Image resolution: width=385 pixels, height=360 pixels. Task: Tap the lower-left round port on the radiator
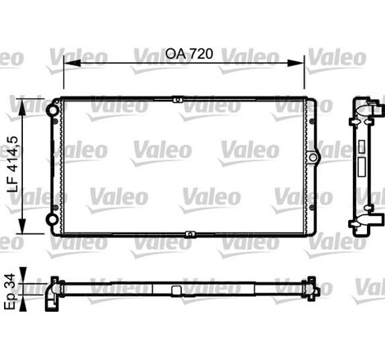55,226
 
